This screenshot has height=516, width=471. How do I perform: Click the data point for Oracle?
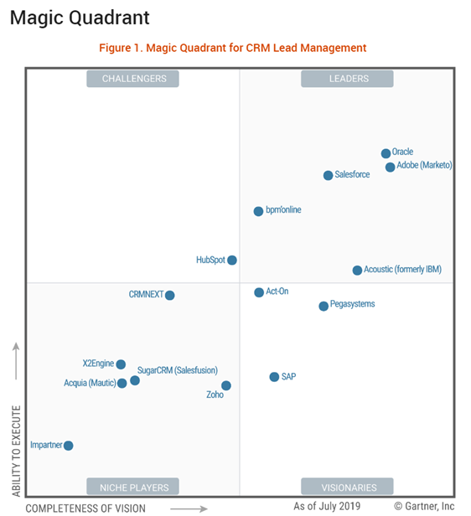tap(386, 153)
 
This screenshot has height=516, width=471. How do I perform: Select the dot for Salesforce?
tap(328, 175)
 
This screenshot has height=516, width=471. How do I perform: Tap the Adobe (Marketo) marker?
tap(390, 167)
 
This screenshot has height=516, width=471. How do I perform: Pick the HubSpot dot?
tap(232, 261)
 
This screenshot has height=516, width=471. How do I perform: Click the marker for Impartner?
tap(68, 446)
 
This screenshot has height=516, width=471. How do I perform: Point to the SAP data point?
tap(274, 377)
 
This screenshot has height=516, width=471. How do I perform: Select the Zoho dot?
tap(225, 386)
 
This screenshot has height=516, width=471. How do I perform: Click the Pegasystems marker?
tap(323, 306)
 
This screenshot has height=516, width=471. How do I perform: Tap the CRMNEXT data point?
tap(170, 295)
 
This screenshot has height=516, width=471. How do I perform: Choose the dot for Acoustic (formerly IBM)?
tap(357, 270)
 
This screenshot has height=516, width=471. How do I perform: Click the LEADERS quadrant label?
tap(349, 79)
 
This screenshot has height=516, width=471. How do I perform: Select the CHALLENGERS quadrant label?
tap(134, 79)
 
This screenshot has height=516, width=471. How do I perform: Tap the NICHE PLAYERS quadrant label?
tap(134, 487)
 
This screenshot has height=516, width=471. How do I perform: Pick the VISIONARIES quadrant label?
tap(349, 487)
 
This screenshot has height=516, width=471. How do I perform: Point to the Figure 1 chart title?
tap(233, 48)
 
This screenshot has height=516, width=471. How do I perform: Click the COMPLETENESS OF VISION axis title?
tap(85, 508)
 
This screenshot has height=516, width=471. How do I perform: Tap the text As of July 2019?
tap(327, 506)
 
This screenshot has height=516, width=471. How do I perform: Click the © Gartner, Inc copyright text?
tap(424, 506)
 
